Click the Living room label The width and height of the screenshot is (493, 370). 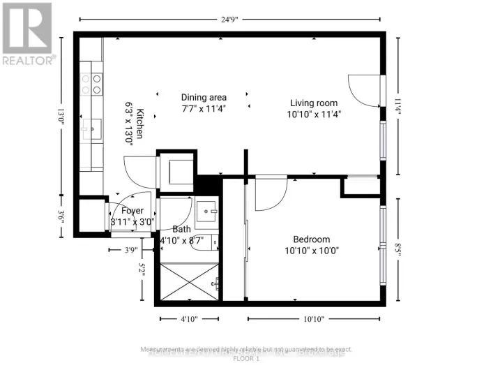[x=313, y=103]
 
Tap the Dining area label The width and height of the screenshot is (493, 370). [x=204, y=97]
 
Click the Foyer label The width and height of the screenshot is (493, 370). [x=132, y=211]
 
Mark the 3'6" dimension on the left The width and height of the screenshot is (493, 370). [x=61, y=217]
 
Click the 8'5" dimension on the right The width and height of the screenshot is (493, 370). [x=398, y=250]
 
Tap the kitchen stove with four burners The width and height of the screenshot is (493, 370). [x=92, y=84]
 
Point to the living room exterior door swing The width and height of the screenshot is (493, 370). [x=365, y=91]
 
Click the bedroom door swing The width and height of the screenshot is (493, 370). [x=271, y=193]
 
